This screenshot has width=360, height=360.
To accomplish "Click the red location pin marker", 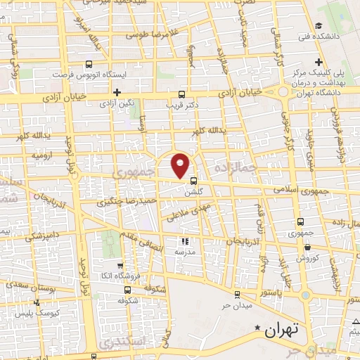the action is click(181, 165).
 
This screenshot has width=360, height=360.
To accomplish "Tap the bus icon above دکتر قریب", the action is click(183, 94).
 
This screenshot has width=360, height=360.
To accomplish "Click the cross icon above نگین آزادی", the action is click(117, 92).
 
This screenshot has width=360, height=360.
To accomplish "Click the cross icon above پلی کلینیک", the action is click(320, 61).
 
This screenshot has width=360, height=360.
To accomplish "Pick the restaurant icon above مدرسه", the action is click(185, 241).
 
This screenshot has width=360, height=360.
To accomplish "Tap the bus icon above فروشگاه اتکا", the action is click(120, 266).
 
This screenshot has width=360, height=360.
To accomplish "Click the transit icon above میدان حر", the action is click(238, 294).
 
